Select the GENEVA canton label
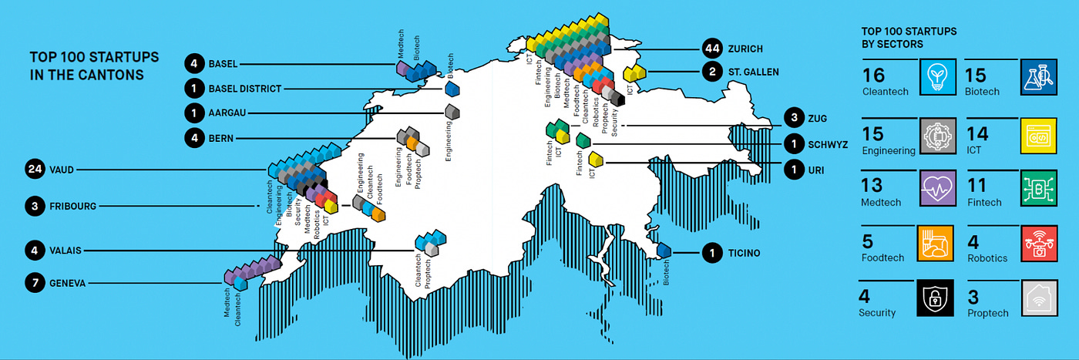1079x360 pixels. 67,284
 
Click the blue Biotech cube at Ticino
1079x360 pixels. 664,251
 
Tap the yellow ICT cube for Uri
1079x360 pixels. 596,160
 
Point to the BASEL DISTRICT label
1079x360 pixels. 244,89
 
